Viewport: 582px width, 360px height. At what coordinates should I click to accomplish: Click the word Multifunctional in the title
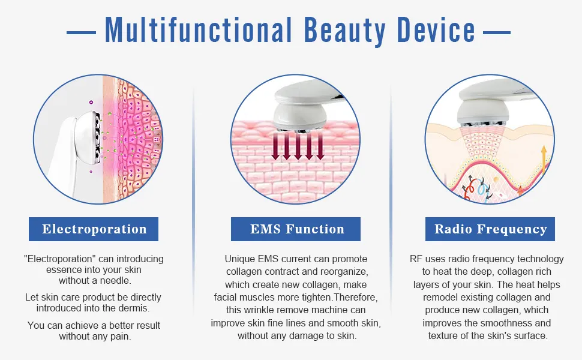pyautogui.click(x=197, y=29)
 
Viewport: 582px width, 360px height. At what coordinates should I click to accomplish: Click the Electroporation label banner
pyautogui.click(x=94, y=229)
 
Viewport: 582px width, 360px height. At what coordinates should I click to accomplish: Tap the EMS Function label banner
pyautogui.click(x=296, y=229)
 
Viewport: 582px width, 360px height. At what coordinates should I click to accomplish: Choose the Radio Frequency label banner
pyautogui.click(x=490, y=229)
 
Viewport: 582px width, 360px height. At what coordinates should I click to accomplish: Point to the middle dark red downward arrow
pyautogui.click(x=296, y=147)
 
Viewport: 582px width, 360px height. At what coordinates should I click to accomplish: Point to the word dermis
pyautogui.click(x=134, y=308)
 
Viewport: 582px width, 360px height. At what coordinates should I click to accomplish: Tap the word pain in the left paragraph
pyautogui.click(x=118, y=336)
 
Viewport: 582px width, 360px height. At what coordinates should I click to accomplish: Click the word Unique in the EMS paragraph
pyautogui.click(x=239, y=259)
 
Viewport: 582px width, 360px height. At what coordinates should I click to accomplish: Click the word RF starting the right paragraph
pyautogui.click(x=416, y=259)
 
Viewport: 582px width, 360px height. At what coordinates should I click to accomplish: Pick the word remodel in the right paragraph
pyautogui.click(x=443, y=298)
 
